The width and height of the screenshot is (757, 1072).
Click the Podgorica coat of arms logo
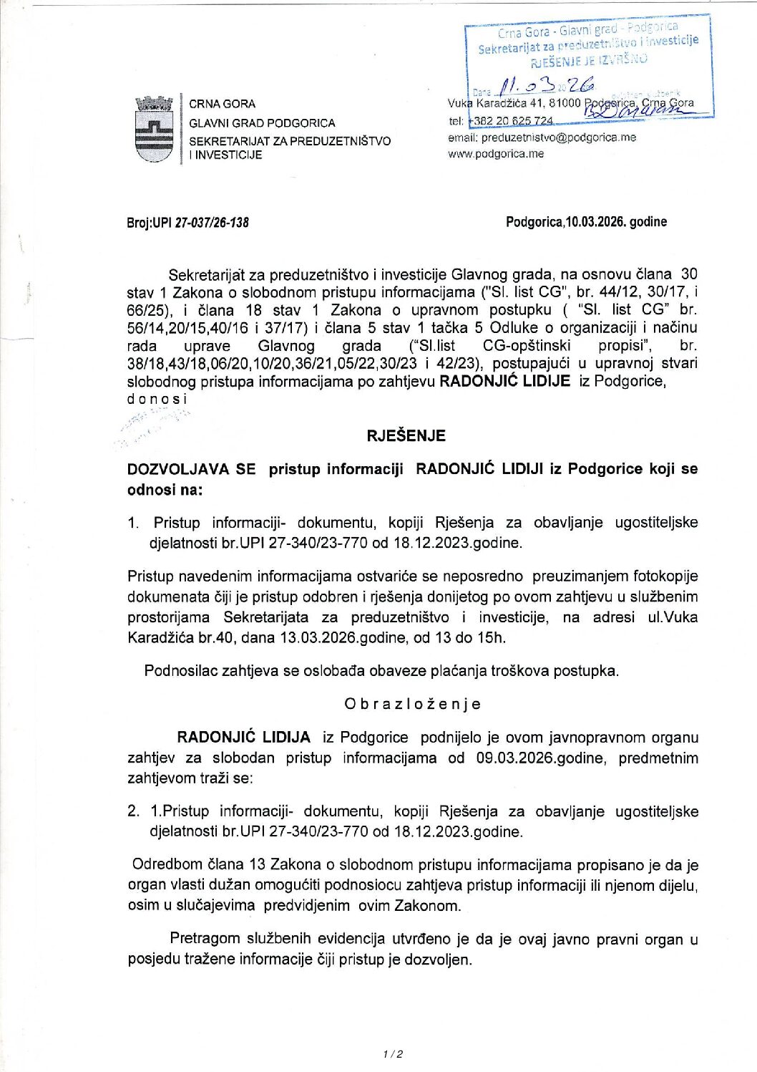click(154, 129)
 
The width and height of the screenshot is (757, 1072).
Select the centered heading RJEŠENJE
click(406, 435)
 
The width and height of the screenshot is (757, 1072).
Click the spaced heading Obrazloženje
click(412, 704)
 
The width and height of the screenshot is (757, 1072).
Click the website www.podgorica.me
click(496, 153)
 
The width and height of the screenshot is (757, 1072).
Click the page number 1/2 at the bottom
click(393, 1054)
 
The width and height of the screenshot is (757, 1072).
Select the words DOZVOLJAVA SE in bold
click(191, 469)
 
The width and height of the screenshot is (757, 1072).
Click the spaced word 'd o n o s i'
click(157, 398)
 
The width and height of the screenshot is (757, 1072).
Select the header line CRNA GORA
click(222, 105)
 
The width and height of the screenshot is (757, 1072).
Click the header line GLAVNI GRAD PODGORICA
click(262, 123)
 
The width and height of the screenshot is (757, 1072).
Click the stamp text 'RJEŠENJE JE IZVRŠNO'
click(589, 60)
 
